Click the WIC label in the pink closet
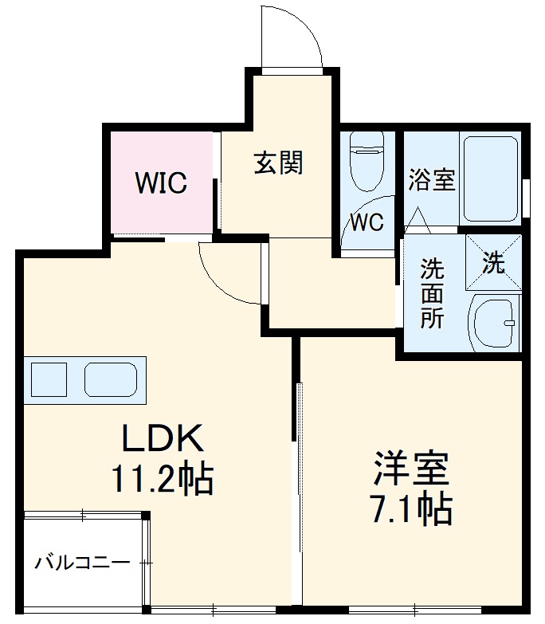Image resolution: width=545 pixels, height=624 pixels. point(161,183)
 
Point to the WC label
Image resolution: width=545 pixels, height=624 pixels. point(367,222)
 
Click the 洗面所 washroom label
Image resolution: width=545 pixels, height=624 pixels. point(433,292)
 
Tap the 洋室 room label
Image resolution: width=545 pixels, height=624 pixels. point(412,469)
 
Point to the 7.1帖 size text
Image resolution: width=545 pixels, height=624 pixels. point(412,508)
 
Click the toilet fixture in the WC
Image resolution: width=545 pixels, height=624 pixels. point(367,163)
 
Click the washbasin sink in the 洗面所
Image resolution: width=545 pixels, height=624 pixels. point(494,323)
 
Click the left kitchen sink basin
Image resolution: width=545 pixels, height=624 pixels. point(49,379)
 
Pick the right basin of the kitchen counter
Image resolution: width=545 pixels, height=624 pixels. point(111,379)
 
